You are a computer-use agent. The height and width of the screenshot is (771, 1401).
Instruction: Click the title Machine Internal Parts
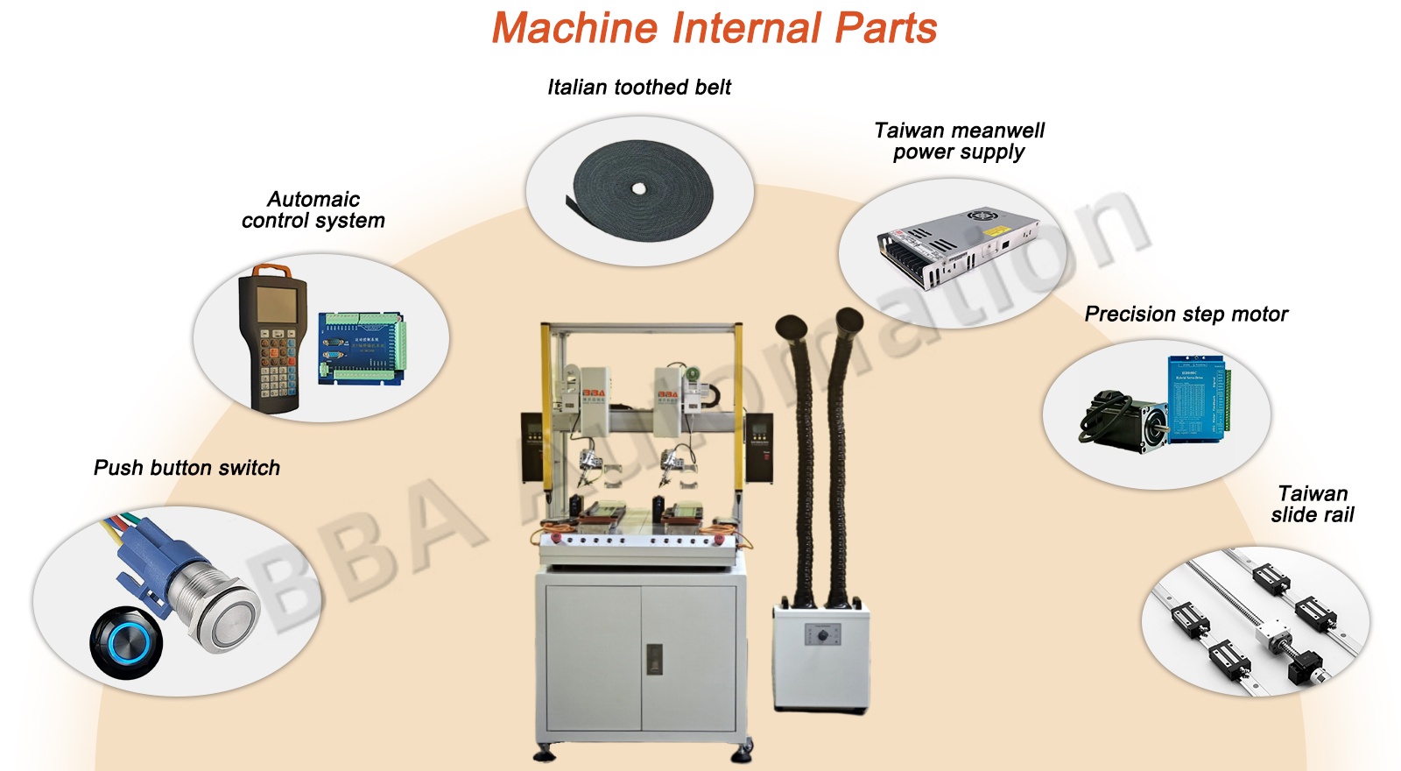[x=714, y=28]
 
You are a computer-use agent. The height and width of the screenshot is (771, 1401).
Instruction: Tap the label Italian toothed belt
[x=639, y=87]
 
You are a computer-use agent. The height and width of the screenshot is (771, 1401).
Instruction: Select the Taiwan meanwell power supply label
[x=960, y=141]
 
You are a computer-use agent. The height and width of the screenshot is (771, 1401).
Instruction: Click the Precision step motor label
[x=1186, y=314]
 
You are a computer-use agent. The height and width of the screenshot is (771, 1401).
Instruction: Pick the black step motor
[x=1126, y=420]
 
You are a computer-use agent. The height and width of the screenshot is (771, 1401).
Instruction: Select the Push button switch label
[x=187, y=468]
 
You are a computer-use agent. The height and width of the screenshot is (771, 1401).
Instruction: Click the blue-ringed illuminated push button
[x=126, y=642]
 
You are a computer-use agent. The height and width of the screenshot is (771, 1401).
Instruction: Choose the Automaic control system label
[x=313, y=210]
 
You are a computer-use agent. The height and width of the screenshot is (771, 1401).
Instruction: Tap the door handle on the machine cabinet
[x=653, y=659]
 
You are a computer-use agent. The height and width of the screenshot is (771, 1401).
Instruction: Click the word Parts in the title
[x=885, y=28]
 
